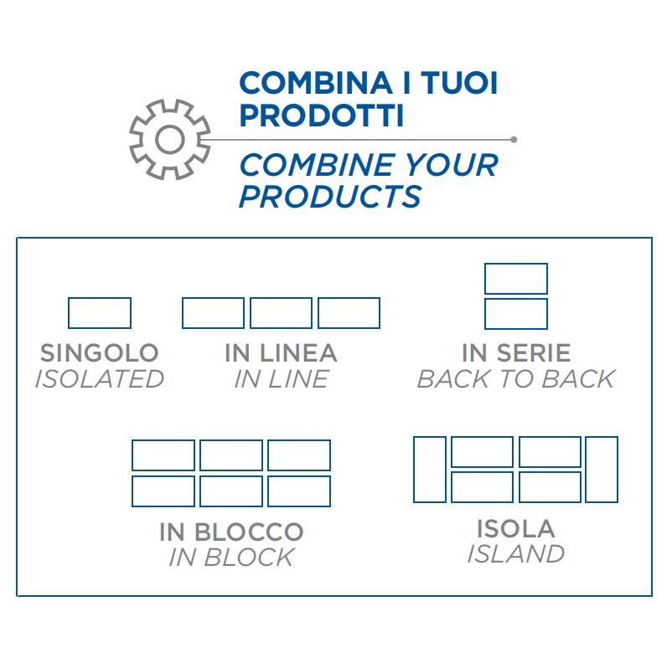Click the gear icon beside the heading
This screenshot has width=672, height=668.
[x=169, y=140]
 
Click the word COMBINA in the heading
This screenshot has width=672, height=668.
[x=311, y=85]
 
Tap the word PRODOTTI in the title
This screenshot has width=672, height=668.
[x=321, y=116]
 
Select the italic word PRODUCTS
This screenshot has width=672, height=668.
[x=330, y=197]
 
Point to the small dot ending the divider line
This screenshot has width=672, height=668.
[x=514, y=140]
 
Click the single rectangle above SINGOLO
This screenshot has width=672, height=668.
[x=99, y=313]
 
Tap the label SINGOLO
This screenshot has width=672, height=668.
[x=99, y=353]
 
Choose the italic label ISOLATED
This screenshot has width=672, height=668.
[x=99, y=379]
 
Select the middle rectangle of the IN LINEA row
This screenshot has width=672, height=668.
[x=281, y=313]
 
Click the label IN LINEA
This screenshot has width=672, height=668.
[x=281, y=353]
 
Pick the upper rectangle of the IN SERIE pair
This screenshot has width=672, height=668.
[x=516, y=279]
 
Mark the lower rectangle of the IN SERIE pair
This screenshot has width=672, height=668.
[x=516, y=314]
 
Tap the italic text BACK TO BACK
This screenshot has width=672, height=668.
[x=516, y=379]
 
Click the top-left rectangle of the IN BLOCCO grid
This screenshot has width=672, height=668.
[x=163, y=455]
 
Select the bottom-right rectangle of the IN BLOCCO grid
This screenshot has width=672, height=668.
[x=299, y=491]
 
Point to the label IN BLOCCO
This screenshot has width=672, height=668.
[x=231, y=532]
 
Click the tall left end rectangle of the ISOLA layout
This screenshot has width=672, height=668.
[x=430, y=470]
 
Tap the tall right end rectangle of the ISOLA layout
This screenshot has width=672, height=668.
[x=602, y=470]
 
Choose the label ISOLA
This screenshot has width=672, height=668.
[x=516, y=528]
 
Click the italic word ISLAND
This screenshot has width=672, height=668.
[x=516, y=554]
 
